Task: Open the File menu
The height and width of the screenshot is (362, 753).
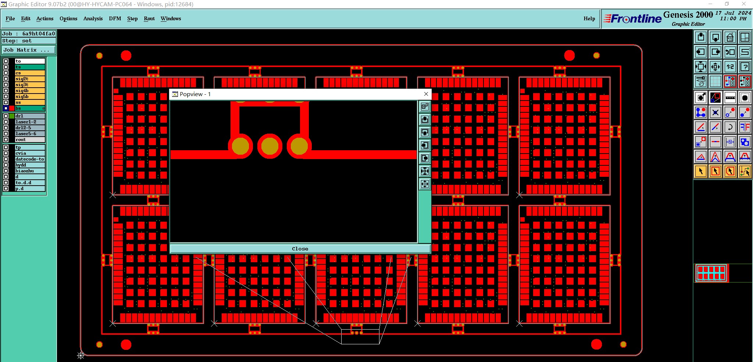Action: point(10,18)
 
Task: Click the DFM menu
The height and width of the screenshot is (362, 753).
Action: point(115,18)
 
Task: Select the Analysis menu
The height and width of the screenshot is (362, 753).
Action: point(93,18)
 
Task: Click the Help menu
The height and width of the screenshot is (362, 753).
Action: point(589,18)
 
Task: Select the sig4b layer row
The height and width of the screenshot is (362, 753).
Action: point(29,91)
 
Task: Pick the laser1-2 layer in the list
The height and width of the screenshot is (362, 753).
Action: point(29,122)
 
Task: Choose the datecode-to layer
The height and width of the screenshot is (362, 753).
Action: point(29,159)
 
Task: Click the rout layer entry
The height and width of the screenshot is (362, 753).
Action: point(29,140)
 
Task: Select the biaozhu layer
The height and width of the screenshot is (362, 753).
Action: point(29,171)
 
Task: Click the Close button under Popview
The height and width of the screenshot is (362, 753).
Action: point(300,249)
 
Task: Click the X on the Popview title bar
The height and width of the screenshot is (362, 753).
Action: point(426,94)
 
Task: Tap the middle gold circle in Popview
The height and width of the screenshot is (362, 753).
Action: point(270,146)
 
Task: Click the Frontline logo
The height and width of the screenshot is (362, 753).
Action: point(633,19)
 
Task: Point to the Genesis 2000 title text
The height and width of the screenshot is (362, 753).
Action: point(688,15)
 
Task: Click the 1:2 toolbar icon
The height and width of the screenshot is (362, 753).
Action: point(730,67)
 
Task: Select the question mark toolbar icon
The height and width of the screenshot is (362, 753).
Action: point(745,67)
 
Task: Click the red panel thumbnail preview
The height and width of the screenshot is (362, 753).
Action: point(711,273)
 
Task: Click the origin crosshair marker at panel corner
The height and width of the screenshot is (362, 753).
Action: point(81,355)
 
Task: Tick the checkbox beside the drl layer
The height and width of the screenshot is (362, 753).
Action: point(6,116)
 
